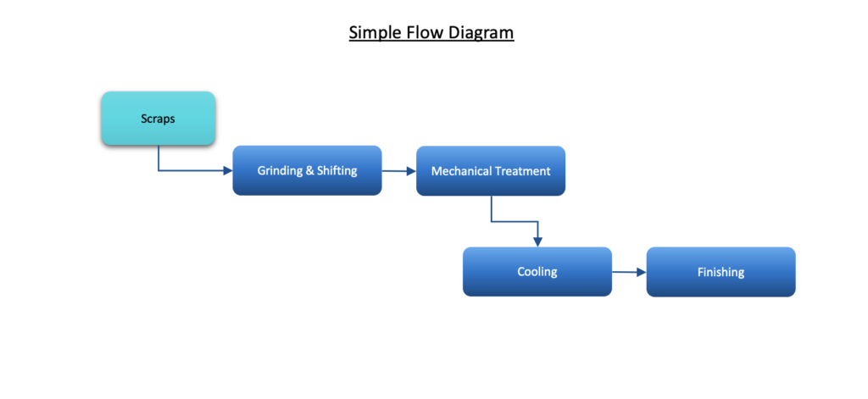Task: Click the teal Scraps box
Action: pyautogui.click(x=159, y=119)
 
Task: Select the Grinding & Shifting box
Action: pyautogui.click(x=307, y=170)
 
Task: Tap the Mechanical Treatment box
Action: pyautogui.click(x=491, y=171)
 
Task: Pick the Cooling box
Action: pyautogui.click(x=537, y=272)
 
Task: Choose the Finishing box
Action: pyautogui.click(x=721, y=272)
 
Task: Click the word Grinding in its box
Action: pyautogui.click(x=280, y=171)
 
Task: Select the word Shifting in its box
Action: pyautogui.click(x=337, y=170)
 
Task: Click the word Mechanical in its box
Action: pyautogui.click(x=460, y=171)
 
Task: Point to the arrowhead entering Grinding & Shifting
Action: pyautogui.click(x=227, y=170)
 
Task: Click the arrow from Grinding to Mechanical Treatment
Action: pyautogui.click(x=399, y=171)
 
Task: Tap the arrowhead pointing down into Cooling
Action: pyautogui.click(x=537, y=241)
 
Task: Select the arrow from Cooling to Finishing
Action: pyautogui.click(x=630, y=272)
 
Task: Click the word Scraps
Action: pyautogui.click(x=158, y=119)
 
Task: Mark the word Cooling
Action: pyautogui.click(x=537, y=272)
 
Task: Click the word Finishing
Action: pyautogui.click(x=721, y=272)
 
